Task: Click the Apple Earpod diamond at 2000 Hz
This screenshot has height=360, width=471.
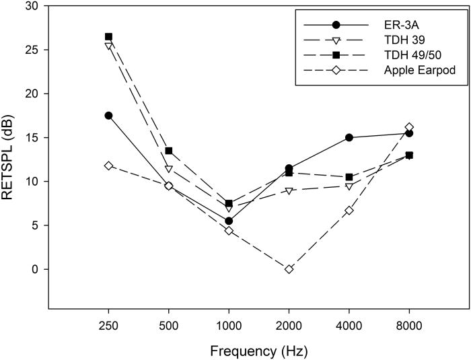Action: [x=289, y=269]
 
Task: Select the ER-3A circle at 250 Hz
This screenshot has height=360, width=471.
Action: [x=108, y=116]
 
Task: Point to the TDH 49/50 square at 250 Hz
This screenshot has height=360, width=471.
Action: [x=108, y=36]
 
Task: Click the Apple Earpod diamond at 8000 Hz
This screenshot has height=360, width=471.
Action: [x=409, y=127]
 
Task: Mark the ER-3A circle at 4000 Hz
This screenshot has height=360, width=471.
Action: [x=349, y=137]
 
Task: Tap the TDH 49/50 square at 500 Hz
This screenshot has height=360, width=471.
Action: [x=169, y=151]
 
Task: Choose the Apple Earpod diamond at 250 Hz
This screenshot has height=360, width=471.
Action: [x=108, y=166]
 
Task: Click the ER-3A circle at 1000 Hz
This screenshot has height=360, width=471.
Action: [x=229, y=221]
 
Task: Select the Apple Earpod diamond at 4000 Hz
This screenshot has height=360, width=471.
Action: [x=349, y=211]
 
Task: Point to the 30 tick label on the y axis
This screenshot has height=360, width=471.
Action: [x=32, y=6]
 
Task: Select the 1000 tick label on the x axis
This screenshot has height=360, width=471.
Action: [x=229, y=324]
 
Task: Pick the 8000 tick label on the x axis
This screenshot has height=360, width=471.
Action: [x=409, y=324]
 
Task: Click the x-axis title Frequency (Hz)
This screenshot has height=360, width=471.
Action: [x=259, y=350]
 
